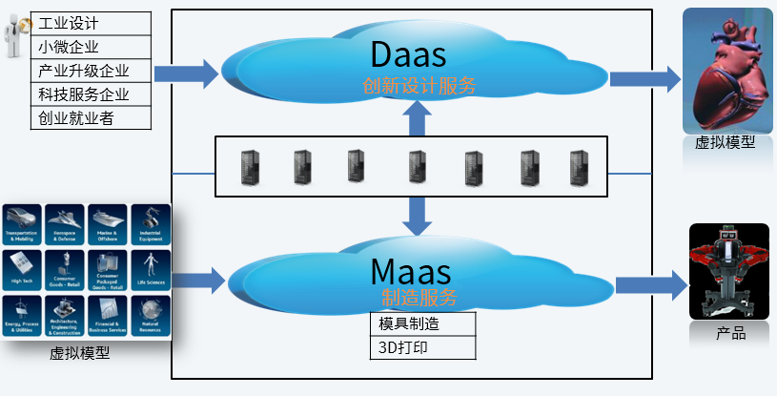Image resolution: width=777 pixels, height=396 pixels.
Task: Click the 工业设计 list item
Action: tap(91, 22)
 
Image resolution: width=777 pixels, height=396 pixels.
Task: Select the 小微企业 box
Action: tap(91, 46)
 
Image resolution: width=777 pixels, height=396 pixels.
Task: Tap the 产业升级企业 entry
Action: tap(91, 71)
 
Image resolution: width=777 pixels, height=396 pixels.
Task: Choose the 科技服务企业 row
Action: tap(91, 94)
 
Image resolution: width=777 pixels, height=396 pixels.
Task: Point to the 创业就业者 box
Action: tap(91, 118)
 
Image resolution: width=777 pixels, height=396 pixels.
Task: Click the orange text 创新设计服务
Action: tap(419, 85)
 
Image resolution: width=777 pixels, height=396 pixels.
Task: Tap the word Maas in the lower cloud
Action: tap(416, 269)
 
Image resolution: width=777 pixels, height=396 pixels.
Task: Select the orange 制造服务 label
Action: tap(419, 297)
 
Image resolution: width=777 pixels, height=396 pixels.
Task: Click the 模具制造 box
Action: tap(422, 323)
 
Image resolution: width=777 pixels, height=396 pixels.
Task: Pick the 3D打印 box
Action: tap(422, 347)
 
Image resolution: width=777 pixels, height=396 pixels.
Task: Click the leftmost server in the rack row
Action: tap(249, 167)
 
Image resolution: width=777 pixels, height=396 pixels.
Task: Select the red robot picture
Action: tap(729, 271)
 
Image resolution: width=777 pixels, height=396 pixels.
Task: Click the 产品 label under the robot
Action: tap(730, 334)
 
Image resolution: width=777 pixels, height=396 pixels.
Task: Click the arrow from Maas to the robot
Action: tap(651, 284)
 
